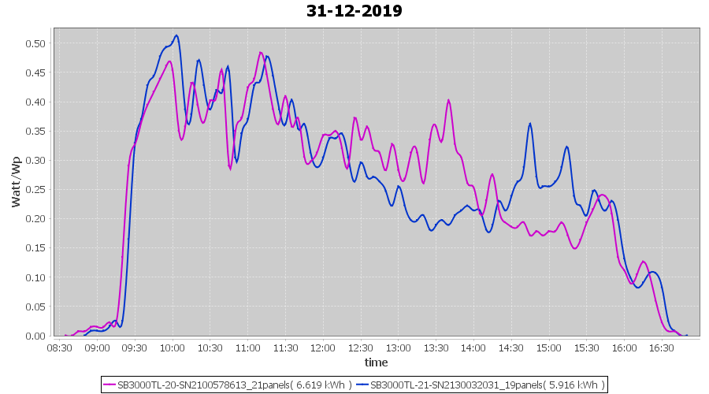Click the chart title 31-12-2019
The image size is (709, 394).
(354, 11)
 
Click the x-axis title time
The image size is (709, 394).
(376, 362)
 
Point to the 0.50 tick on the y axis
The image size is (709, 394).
(35, 43)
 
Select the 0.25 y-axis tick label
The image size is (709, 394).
(35, 189)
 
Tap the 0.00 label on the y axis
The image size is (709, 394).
(35, 336)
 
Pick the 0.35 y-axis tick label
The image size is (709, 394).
(35, 131)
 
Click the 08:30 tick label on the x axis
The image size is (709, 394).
(60, 348)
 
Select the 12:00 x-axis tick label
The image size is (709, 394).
(323, 348)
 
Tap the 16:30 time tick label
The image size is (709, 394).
(662, 348)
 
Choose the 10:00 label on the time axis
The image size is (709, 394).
(173, 348)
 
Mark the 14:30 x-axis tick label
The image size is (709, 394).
(511, 348)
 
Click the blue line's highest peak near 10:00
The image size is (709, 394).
(176, 35)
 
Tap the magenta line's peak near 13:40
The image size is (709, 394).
(448, 100)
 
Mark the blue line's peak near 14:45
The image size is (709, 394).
(530, 124)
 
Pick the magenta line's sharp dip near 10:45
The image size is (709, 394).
(230, 169)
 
